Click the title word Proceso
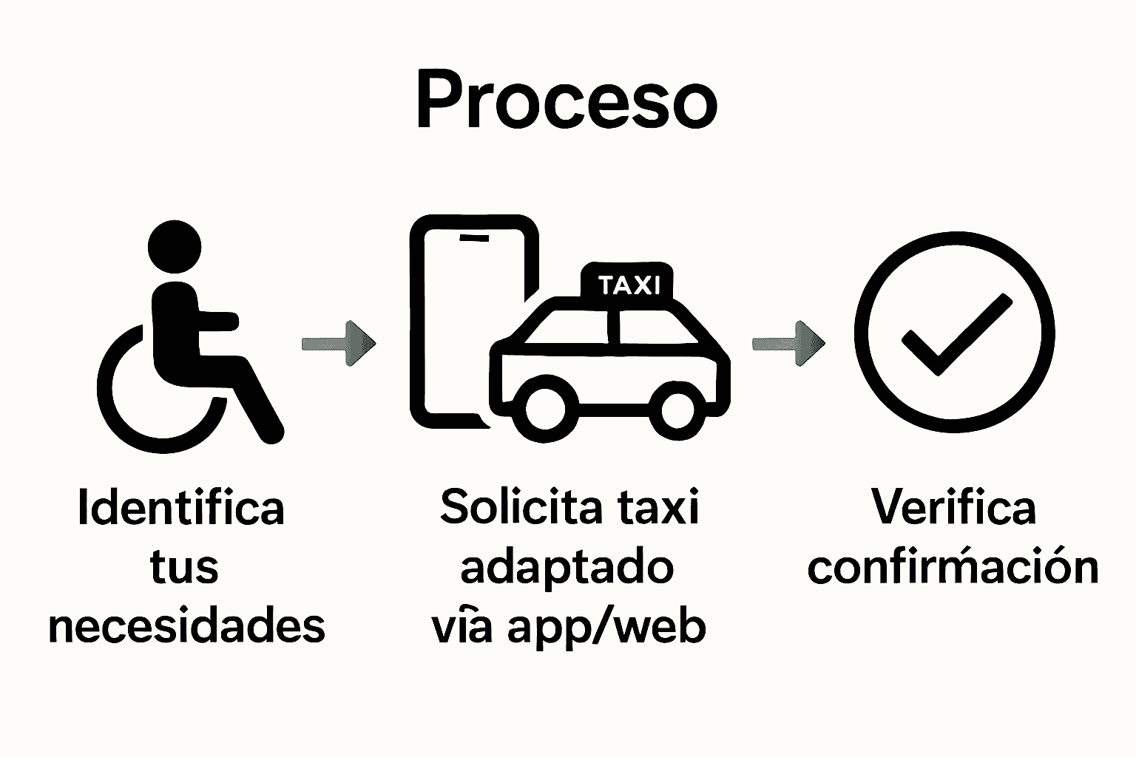(567, 101)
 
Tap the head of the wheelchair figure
(175, 247)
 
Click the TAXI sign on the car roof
(628, 285)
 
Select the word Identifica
(181, 508)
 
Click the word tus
(184, 568)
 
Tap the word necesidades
(186, 627)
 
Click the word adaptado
(567, 568)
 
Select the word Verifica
(953, 508)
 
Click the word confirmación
(953, 568)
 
